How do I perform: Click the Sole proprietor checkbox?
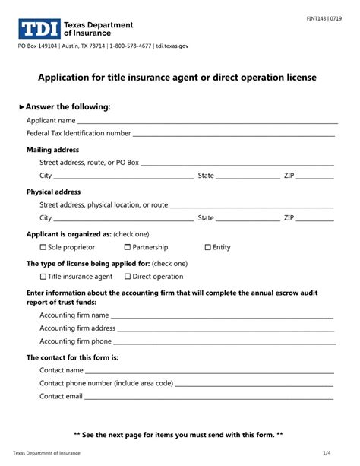click(x=43, y=247)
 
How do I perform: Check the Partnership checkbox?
click(x=128, y=247)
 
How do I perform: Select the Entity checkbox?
click(x=207, y=247)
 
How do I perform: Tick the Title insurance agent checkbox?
click(x=43, y=277)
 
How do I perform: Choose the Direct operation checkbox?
click(x=128, y=277)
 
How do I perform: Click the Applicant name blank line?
click(x=205, y=121)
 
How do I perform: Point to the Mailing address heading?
click(x=53, y=150)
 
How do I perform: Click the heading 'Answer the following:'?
click(x=73, y=106)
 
